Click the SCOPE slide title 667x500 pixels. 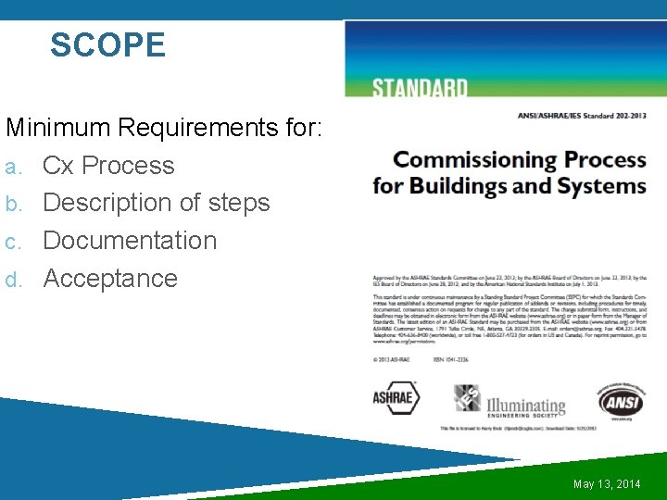pyautogui.click(x=107, y=45)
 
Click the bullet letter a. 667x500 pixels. pyautogui.click(x=11, y=168)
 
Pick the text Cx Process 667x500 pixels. pyautogui.click(x=108, y=166)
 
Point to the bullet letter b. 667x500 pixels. pyautogui.click(x=11, y=205)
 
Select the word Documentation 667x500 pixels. pyautogui.click(x=130, y=241)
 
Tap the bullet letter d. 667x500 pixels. pyautogui.click(x=11, y=280)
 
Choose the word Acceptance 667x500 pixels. pyautogui.click(x=110, y=279)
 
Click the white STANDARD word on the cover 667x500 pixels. pyautogui.click(x=420, y=89)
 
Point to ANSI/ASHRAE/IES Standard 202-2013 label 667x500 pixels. pyautogui.click(x=581, y=116)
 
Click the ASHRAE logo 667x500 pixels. pyautogui.click(x=396, y=398)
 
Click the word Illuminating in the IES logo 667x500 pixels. pyautogui.click(x=525, y=404)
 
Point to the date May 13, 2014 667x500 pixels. pyautogui.click(x=607, y=484)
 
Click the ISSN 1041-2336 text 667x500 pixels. pyautogui.click(x=451, y=358)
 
